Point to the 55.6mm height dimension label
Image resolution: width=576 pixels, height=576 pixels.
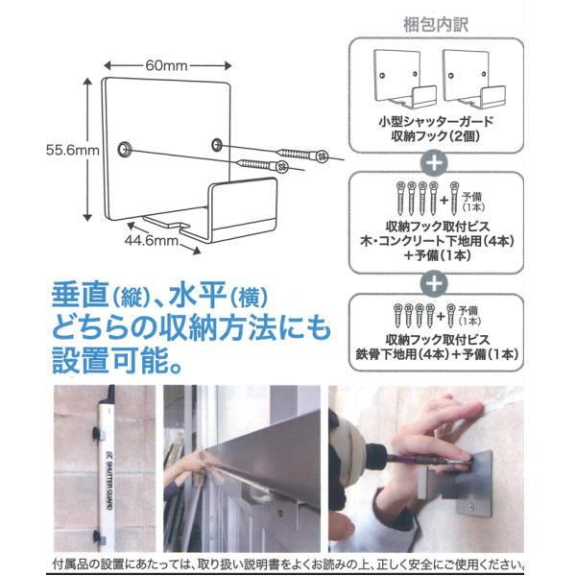[72, 150]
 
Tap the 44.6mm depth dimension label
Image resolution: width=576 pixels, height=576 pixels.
[150, 241]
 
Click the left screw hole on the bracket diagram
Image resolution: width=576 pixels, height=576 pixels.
[124, 150]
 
